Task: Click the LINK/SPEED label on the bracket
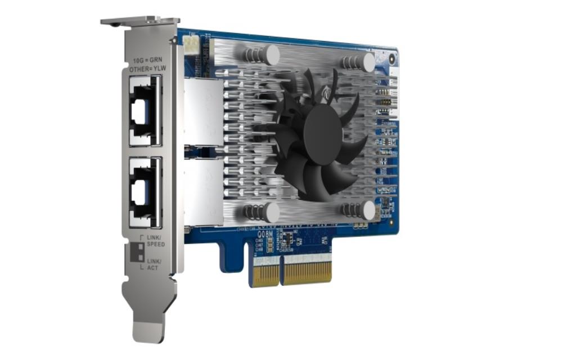click(x=155, y=241)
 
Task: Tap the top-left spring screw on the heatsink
click(x=271, y=54)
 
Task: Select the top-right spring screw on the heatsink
click(x=367, y=62)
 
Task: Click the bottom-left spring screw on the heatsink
click(x=271, y=212)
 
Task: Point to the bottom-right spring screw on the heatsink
click(x=367, y=211)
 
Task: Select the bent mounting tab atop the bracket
click(x=138, y=21)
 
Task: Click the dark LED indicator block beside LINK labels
click(x=137, y=253)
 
